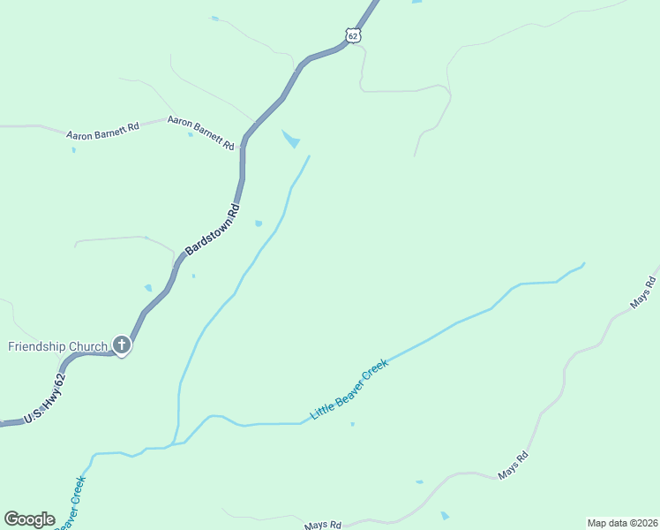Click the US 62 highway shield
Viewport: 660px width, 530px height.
[x=353, y=35]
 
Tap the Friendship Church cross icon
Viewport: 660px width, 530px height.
[x=122, y=345]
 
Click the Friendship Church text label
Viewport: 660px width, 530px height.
[x=57, y=346]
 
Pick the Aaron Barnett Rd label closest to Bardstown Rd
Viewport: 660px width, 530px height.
[x=200, y=132]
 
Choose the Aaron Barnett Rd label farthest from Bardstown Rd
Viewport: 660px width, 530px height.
[x=102, y=131]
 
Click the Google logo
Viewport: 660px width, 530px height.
[x=29, y=519]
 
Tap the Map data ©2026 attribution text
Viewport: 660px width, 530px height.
[x=622, y=523]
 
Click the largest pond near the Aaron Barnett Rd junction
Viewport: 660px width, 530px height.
[x=290, y=139]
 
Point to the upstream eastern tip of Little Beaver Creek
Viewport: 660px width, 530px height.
[x=584, y=262]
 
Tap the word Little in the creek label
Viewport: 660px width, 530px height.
[x=322, y=408]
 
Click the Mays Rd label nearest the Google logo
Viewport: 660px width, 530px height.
[x=323, y=526]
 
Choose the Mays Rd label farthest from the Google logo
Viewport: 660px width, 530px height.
[x=643, y=292]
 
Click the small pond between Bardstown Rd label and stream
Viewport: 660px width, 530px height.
[x=259, y=223]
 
